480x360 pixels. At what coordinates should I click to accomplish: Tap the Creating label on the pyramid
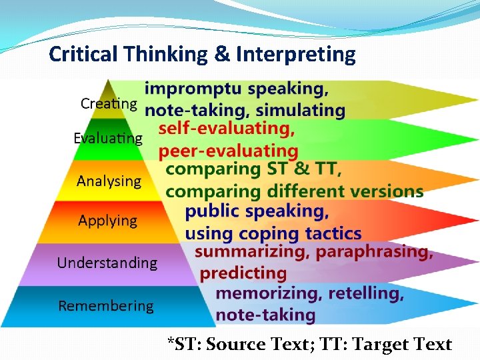click(109, 103)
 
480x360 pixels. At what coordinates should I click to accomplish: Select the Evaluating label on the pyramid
click(108, 139)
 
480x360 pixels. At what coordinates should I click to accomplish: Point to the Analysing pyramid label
click(109, 181)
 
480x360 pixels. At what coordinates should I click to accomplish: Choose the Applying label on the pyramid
click(107, 221)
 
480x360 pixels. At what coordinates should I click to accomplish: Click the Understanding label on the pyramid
click(107, 263)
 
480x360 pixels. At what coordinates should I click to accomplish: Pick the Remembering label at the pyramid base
click(106, 306)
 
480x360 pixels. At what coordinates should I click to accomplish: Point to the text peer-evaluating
click(228, 151)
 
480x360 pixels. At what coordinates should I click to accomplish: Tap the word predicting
click(243, 273)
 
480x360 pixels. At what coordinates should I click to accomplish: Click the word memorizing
click(265, 293)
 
